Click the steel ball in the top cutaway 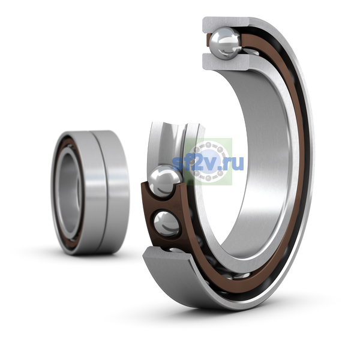click(226, 44)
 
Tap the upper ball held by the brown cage click(164, 181)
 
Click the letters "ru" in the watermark click(235, 163)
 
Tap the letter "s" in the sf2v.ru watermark click(178, 164)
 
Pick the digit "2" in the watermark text click(197, 163)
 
